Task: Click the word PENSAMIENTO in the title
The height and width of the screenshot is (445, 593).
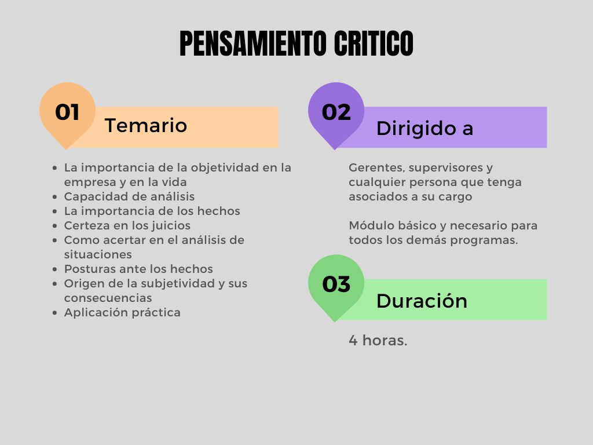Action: [252, 44]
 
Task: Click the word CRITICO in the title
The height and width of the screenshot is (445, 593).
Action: [374, 44]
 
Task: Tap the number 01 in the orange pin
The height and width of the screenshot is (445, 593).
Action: [67, 112]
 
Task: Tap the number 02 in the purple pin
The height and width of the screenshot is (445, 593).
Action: [336, 112]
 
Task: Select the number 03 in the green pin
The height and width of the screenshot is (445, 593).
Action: [336, 284]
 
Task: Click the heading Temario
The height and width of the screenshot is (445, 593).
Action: [146, 125]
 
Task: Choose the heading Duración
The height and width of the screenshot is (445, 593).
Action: [422, 301]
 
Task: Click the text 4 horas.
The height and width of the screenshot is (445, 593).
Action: [378, 340]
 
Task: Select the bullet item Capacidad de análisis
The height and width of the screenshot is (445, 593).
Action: [129, 196]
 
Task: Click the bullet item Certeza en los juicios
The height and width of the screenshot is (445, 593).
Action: [127, 225]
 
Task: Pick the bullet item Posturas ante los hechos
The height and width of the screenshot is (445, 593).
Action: [138, 269]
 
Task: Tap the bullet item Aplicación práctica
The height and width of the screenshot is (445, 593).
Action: [122, 312]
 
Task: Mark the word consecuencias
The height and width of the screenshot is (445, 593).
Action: [108, 298]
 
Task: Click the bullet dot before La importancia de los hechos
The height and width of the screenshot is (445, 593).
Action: [55, 211]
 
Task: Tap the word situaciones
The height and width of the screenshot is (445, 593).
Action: [98, 254]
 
